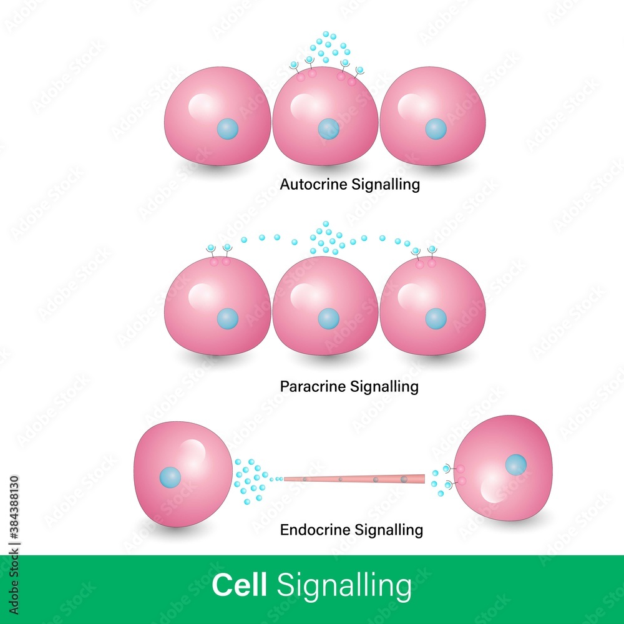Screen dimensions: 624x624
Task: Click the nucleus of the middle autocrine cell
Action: (x=328, y=129)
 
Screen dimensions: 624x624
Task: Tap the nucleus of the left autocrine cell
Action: (x=227, y=130)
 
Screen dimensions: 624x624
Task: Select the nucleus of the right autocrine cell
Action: (x=436, y=129)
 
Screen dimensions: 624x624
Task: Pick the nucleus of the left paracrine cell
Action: (x=227, y=319)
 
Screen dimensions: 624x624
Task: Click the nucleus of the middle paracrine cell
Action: (x=328, y=319)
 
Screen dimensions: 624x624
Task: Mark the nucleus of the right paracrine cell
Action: (x=436, y=319)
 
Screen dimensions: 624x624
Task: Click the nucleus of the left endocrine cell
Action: (x=170, y=477)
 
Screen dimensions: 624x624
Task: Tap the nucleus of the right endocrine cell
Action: (x=515, y=464)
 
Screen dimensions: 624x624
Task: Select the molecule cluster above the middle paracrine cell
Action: (x=326, y=238)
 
